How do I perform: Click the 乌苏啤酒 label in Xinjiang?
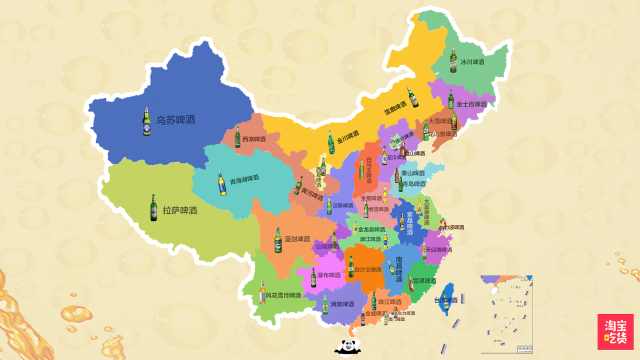(176, 121)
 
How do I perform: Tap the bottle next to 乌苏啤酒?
(146, 121)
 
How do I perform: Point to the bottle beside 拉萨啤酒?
(153, 208)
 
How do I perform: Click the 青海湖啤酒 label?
(244, 178)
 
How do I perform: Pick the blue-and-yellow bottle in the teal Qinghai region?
(222, 185)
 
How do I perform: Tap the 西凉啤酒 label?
(254, 139)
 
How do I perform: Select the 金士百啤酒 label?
(472, 103)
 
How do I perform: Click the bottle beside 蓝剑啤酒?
(278, 240)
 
